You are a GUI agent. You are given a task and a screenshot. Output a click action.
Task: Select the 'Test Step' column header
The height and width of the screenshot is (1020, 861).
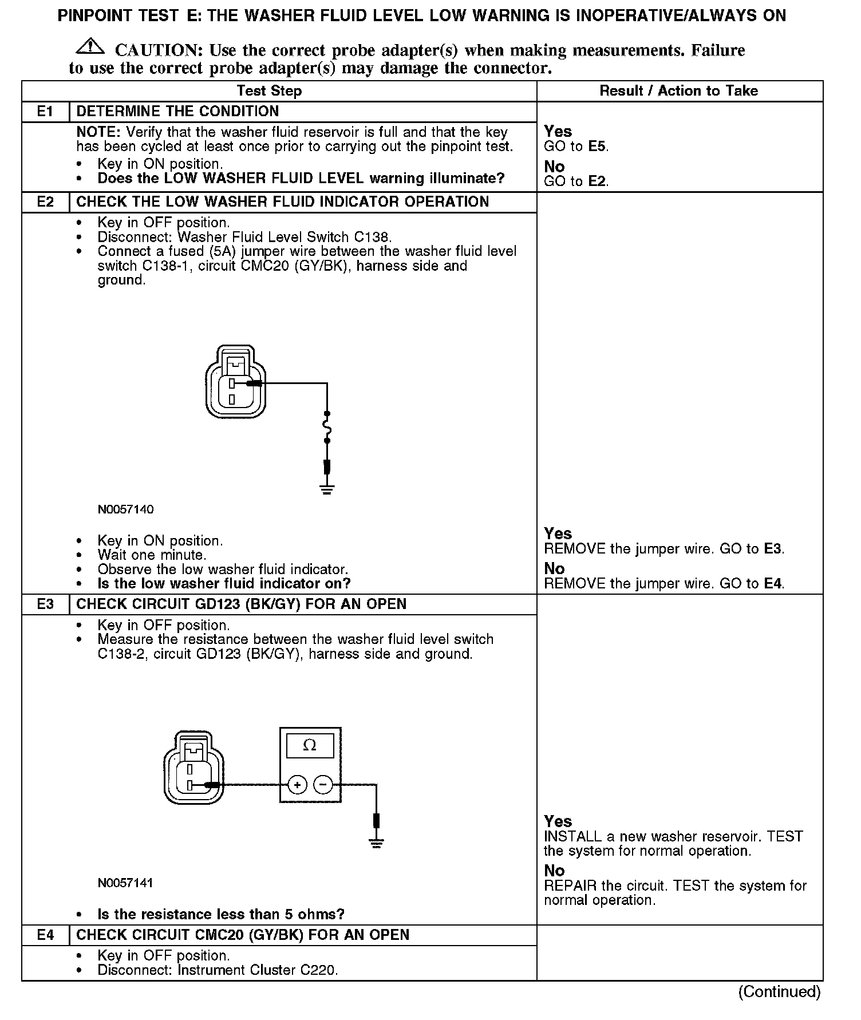click(x=269, y=91)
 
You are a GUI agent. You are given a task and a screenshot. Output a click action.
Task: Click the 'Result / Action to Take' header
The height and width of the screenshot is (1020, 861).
click(x=678, y=91)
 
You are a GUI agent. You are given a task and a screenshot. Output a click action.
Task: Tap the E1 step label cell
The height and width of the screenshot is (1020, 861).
click(x=45, y=112)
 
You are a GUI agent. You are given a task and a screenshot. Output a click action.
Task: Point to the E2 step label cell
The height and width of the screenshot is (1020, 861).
click(x=45, y=202)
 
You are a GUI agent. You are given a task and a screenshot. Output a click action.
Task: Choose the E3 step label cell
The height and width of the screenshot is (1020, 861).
click(x=45, y=604)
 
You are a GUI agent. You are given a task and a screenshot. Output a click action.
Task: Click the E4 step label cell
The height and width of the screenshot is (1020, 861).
click(x=45, y=935)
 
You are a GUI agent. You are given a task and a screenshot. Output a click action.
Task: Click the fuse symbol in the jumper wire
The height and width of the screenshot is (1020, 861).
click(x=327, y=427)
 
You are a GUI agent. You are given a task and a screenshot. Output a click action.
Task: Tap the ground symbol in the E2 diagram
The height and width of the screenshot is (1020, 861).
click(x=327, y=489)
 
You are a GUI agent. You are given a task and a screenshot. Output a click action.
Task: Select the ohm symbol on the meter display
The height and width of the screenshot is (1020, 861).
click(x=310, y=745)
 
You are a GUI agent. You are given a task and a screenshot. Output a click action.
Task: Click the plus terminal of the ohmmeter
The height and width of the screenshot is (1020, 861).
click(x=297, y=785)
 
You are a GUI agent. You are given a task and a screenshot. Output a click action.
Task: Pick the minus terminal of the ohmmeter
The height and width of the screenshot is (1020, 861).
click(x=323, y=785)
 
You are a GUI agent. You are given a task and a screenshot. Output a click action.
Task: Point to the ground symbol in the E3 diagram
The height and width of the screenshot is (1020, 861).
click(x=376, y=842)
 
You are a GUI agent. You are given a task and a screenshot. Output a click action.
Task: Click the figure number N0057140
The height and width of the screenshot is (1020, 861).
click(x=125, y=509)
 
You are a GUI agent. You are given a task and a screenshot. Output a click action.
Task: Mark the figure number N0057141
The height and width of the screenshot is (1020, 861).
click(x=125, y=883)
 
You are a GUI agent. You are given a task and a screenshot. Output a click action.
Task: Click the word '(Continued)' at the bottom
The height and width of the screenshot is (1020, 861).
click(x=779, y=992)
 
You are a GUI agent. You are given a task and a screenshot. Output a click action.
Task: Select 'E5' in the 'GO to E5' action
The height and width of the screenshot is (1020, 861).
click(x=597, y=147)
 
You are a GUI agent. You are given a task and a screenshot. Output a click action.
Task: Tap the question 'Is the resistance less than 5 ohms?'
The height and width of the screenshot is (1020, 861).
click(x=221, y=914)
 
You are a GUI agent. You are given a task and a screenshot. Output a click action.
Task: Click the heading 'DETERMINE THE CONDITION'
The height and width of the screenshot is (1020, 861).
click(x=177, y=112)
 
